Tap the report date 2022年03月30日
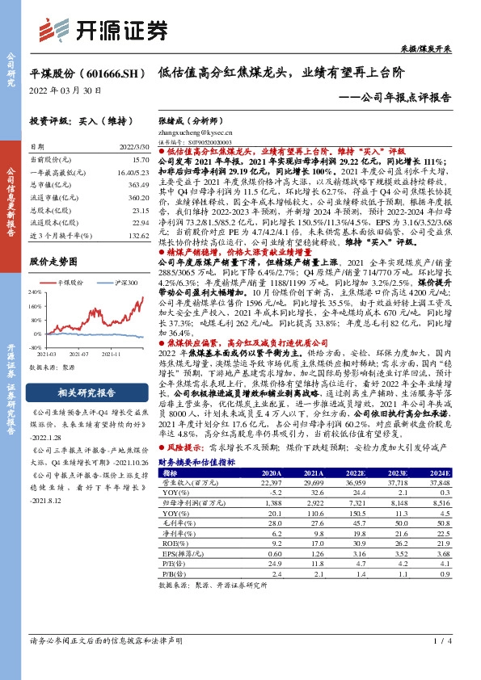click(65, 90)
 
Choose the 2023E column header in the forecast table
click(398, 473)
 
